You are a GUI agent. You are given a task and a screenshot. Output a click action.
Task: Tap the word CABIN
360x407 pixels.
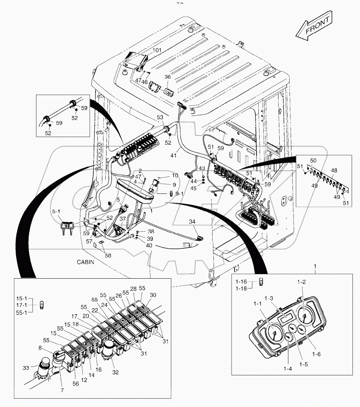[86, 262]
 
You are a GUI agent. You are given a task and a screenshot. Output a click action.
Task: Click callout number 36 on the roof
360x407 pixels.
[167, 77]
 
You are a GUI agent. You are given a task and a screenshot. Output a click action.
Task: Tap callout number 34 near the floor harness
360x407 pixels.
[192, 221]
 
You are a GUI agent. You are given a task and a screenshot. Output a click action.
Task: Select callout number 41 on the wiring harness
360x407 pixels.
[174, 156]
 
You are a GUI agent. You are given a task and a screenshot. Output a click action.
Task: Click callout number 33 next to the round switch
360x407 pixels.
[25, 367]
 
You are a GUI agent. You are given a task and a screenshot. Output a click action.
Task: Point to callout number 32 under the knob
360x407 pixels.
[115, 372]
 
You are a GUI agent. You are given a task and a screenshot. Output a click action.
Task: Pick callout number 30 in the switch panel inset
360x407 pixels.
[153, 295]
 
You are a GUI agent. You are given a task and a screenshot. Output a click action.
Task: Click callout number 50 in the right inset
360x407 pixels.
[313, 161]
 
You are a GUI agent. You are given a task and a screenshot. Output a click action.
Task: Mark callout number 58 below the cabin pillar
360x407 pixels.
[108, 256]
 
